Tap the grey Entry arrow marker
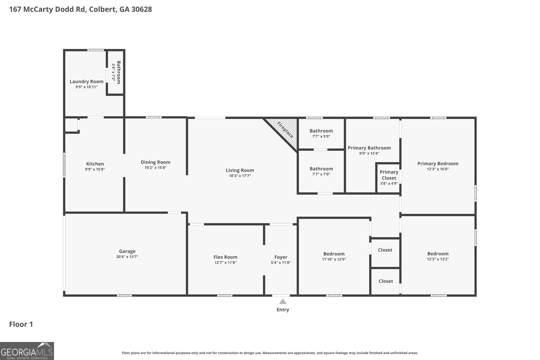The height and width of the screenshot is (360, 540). (283, 301)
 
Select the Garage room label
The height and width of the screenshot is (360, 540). (127, 251)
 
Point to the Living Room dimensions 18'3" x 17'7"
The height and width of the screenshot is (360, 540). (240, 176)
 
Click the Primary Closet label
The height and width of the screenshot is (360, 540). (389, 175)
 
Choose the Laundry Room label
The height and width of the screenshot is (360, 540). (86, 81)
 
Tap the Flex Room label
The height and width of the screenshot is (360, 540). (225, 257)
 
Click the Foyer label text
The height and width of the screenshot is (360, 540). (281, 257)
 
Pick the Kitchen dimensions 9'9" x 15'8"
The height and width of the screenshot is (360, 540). (95, 169)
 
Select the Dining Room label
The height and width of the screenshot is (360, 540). (156, 162)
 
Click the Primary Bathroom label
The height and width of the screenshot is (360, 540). (369, 148)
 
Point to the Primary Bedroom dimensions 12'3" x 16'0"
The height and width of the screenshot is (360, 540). (438, 169)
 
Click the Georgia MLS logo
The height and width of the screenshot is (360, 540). (27, 351)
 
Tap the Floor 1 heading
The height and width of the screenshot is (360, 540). (21, 324)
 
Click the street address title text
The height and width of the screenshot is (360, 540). (81, 9)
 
